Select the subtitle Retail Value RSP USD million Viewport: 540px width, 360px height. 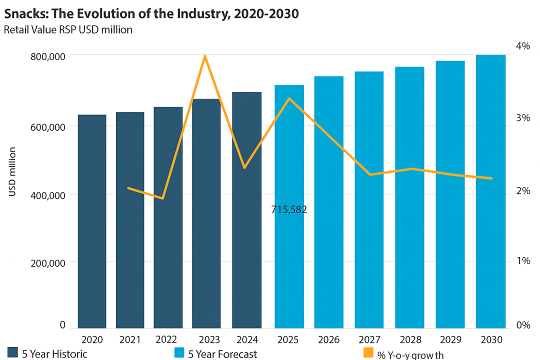tap(68, 29)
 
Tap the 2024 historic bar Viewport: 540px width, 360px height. tap(247, 210)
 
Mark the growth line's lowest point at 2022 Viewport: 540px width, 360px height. tap(162, 198)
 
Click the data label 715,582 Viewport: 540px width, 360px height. tap(289, 209)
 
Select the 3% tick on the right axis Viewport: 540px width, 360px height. tap(522, 118)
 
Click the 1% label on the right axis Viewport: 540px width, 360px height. tap(522, 260)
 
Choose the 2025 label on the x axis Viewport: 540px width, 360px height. tap(288, 340)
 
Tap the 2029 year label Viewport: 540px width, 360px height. tap(450, 340)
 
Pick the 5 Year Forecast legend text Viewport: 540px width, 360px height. tap(222, 354)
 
